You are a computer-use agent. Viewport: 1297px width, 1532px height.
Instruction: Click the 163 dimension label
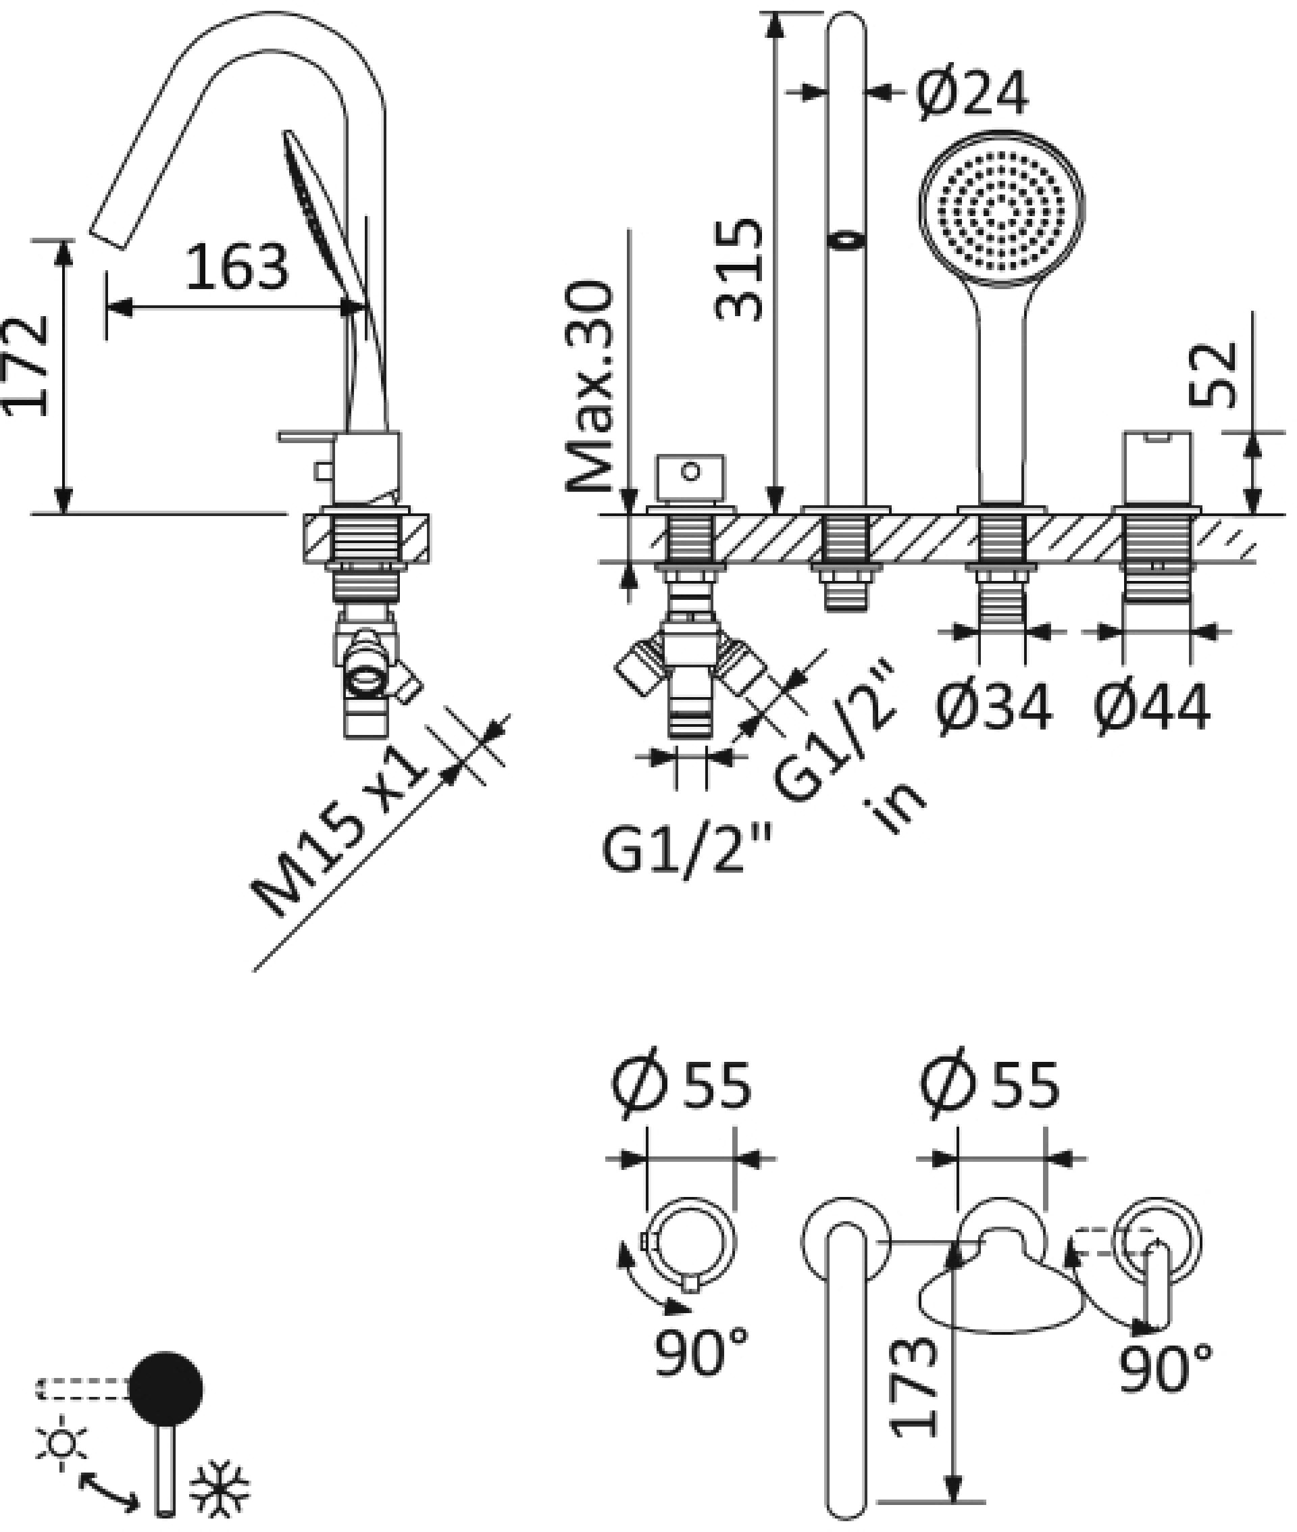(x=236, y=266)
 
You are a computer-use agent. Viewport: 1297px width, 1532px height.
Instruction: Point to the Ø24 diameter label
(x=972, y=94)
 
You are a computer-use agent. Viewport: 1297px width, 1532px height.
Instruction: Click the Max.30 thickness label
(x=590, y=386)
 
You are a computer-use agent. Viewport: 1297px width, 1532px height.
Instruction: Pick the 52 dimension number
(x=1214, y=375)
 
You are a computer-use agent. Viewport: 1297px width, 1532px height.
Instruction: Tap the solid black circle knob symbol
(x=166, y=1389)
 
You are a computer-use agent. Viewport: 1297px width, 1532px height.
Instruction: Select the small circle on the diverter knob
(x=690, y=471)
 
